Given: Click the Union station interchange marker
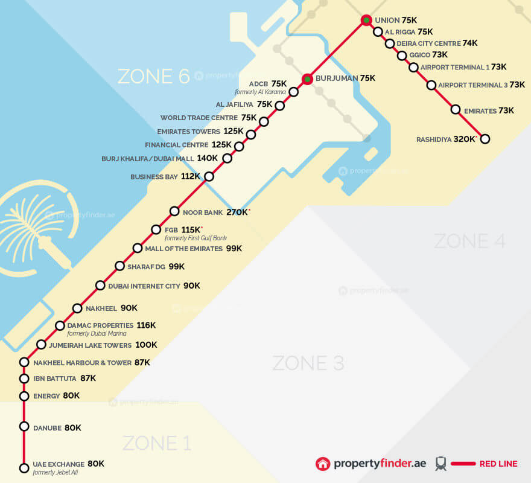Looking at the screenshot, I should [x=366, y=21].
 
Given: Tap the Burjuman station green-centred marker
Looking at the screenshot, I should [x=307, y=79].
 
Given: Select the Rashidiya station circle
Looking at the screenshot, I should [x=484, y=139].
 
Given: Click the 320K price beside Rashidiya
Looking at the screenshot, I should [x=465, y=139].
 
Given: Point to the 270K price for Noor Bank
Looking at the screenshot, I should [x=237, y=213].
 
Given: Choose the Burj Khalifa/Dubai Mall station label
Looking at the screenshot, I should [x=148, y=159].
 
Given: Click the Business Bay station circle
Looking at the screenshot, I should [x=209, y=177].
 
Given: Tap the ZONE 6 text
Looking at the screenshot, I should [x=153, y=76].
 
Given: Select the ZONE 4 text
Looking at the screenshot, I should [x=469, y=241].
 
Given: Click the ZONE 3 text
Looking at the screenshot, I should [x=308, y=363].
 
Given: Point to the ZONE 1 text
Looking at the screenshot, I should [x=157, y=443].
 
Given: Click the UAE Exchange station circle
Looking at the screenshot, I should [x=24, y=468].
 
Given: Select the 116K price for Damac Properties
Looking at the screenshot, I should [x=146, y=325].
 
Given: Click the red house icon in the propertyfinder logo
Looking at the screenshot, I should [x=324, y=464].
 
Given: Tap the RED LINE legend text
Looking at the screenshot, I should [x=498, y=464].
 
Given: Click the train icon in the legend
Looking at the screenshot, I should [x=441, y=464].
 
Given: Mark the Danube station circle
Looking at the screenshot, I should [x=24, y=426].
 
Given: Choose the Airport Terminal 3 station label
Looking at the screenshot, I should [x=472, y=85].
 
